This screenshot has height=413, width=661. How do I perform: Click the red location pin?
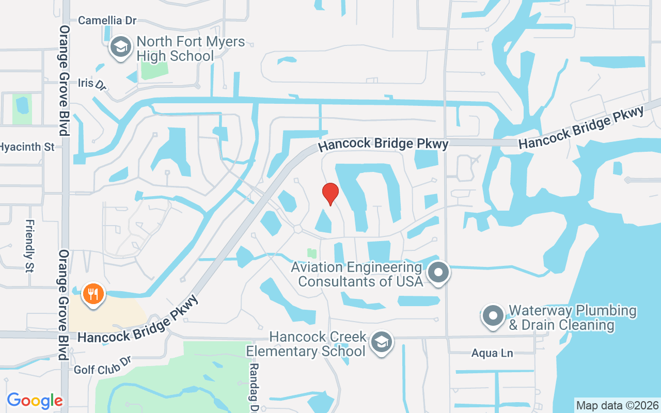pos(330,194)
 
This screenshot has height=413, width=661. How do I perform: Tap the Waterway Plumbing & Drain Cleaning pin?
pos(493,315)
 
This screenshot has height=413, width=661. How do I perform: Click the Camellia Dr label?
pos(107,21)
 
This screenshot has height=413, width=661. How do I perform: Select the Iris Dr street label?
pos(92,84)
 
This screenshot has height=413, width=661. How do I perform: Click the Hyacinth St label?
pos(27,147)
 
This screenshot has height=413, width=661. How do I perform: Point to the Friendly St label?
pos(30,246)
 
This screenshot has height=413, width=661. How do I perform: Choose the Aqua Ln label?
pos(492,354)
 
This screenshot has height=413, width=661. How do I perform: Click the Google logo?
pos(35,401)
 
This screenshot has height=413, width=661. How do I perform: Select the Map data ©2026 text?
pos(618,405)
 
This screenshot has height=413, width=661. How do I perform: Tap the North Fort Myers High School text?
pos(190,49)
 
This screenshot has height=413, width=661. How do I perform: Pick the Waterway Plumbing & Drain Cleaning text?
pos(572,317)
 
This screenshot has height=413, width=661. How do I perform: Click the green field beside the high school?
pos(154,70)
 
